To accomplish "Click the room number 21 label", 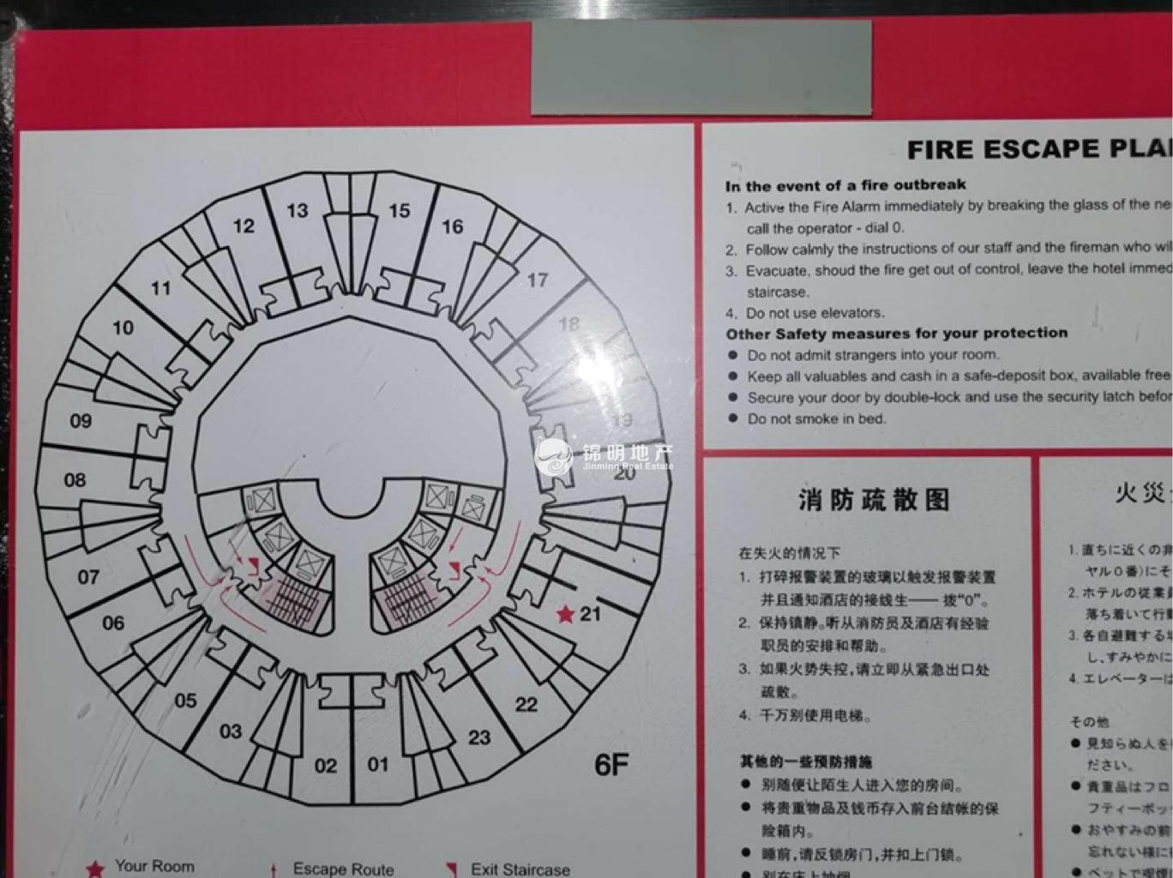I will pyautogui.click(x=591, y=613).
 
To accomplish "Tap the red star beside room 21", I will pyautogui.click(x=565, y=614).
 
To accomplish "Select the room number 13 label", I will pyautogui.click(x=297, y=210).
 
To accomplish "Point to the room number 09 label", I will pyautogui.click(x=81, y=421).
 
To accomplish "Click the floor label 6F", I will pyautogui.click(x=611, y=764).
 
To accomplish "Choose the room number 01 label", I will pyautogui.click(x=378, y=764).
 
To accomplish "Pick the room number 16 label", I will pyautogui.click(x=452, y=226).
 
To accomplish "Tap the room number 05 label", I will pyautogui.click(x=185, y=701).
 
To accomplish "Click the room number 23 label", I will pyautogui.click(x=479, y=737).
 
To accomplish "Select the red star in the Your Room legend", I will pyautogui.click(x=95, y=869).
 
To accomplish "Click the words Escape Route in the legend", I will pyautogui.click(x=343, y=869).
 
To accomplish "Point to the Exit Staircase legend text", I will pyautogui.click(x=520, y=869).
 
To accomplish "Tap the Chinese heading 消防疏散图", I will pyautogui.click(x=874, y=499).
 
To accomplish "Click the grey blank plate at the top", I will pyautogui.click(x=701, y=68).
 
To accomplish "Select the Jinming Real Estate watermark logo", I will pyautogui.click(x=555, y=457).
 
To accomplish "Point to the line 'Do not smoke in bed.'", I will pyautogui.click(x=816, y=418).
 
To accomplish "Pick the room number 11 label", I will pyautogui.click(x=161, y=288).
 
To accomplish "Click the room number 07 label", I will pyautogui.click(x=88, y=577).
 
